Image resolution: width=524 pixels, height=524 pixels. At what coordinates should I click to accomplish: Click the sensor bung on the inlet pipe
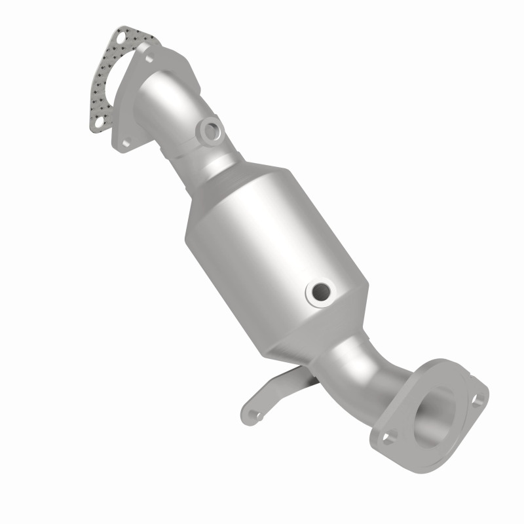point(211,130)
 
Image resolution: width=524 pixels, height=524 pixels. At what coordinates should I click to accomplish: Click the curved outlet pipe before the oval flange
point(360,373)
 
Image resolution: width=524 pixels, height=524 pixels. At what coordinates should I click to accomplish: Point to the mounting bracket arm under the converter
point(282,386)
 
